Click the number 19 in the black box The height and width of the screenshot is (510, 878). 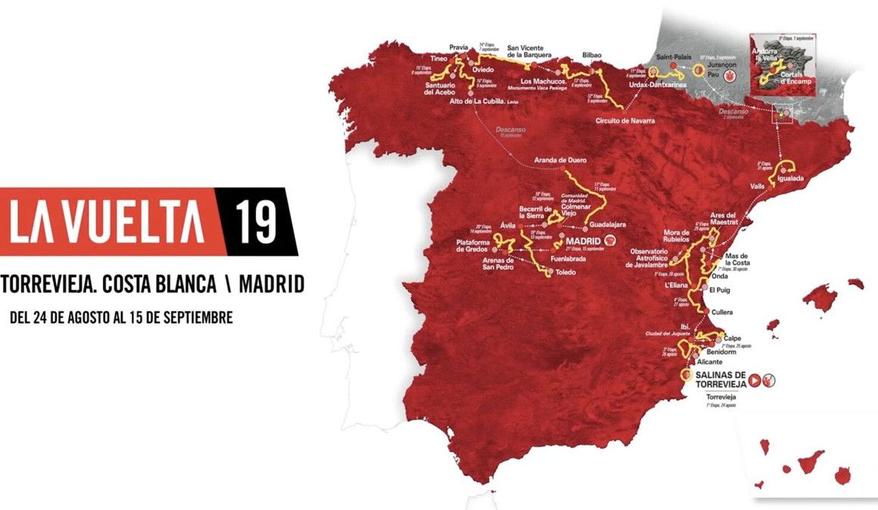[x=254, y=220]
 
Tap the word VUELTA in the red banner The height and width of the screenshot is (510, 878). [x=135, y=221]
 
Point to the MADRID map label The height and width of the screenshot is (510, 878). [x=583, y=242]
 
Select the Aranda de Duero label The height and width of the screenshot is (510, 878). [x=561, y=161]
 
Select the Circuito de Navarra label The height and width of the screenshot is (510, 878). [x=624, y=121]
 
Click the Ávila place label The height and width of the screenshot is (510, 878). [x=509, y=225]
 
